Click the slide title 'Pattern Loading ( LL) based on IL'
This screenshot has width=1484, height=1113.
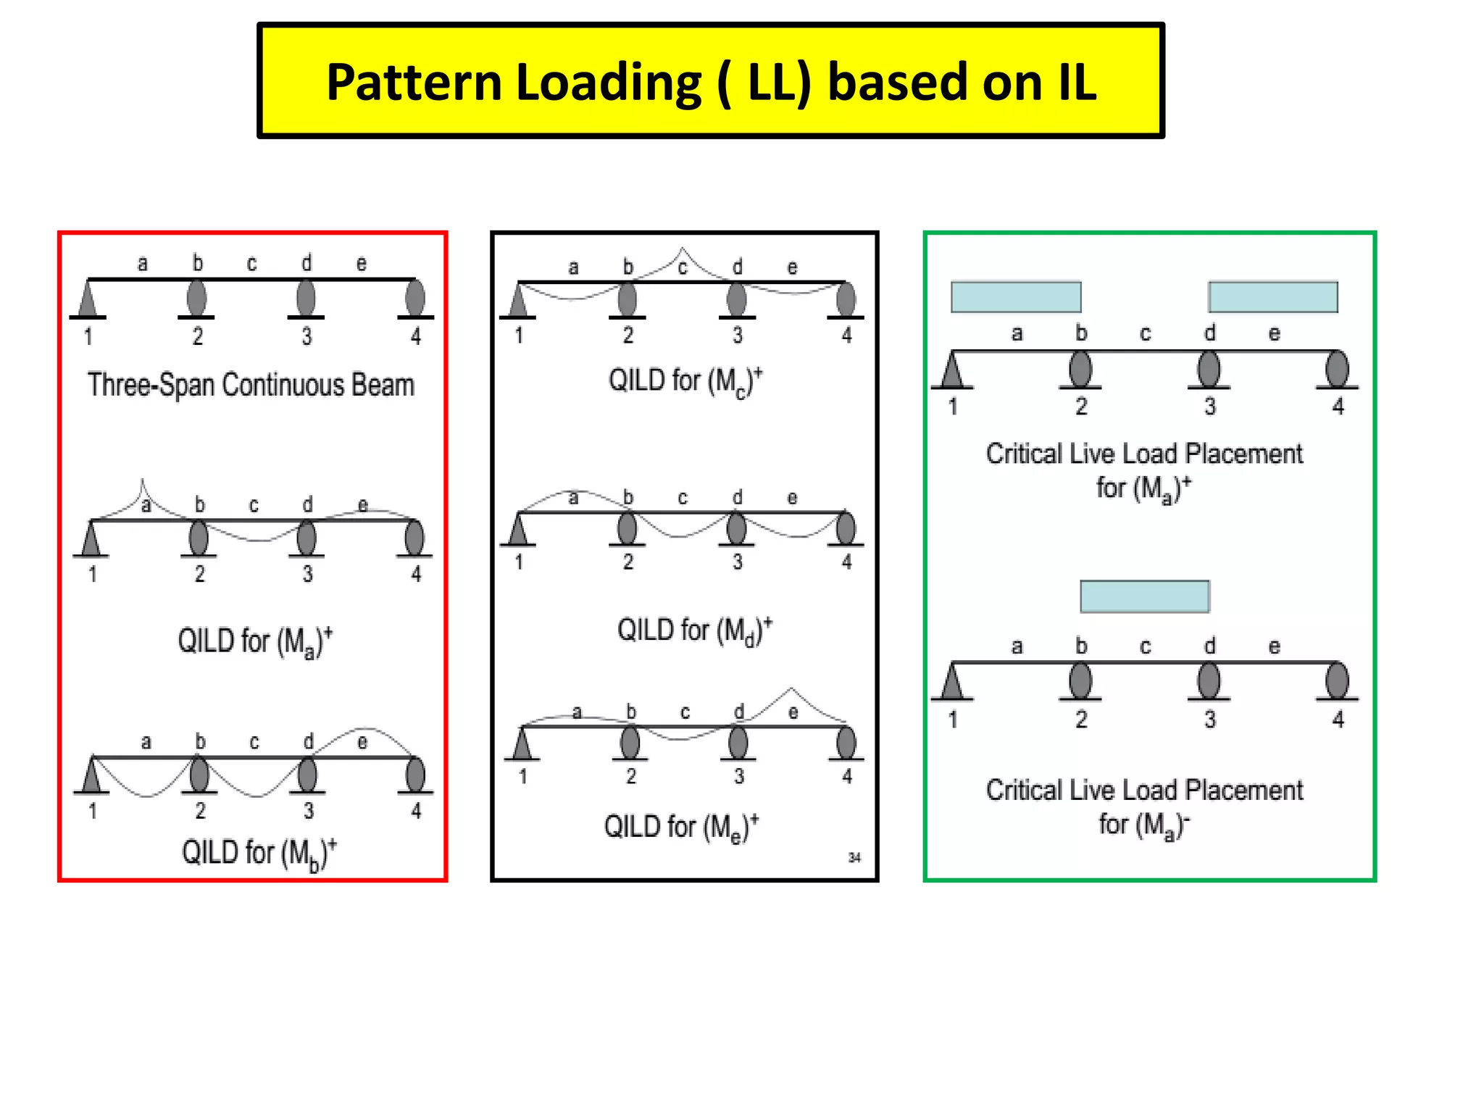[711, 81]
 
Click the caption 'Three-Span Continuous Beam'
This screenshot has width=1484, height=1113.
[251, 385]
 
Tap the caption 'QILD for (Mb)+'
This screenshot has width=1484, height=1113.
[259, 854]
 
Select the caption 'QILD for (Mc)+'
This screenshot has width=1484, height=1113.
[685, 381]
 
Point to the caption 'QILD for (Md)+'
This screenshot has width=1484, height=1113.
[694, 630]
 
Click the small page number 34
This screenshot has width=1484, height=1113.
[854, 858]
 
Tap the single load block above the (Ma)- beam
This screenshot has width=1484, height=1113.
[1144, 596]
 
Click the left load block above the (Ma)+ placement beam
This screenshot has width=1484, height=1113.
[1016, 297]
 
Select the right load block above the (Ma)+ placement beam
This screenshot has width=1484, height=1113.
[1273, 297]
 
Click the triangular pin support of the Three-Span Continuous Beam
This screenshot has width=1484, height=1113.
[88, 300]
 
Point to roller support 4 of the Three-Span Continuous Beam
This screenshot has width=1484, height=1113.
[415, 298]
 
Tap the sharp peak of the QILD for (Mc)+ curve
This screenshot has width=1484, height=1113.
[681, 249]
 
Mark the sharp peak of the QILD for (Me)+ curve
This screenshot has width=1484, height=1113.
[791, 689]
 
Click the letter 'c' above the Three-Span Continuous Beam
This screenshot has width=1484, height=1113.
[251, 264]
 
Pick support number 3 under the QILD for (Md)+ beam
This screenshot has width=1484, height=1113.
[737, 562]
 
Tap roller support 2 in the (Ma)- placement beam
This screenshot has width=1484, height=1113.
[1080, 681]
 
